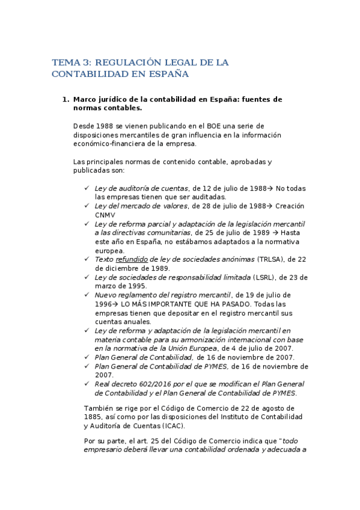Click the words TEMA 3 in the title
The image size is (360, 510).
coord(69,62)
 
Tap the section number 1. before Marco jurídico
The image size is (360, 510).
coord(66,99)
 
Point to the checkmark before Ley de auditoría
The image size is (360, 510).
coord(88,188)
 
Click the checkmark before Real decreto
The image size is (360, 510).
coord(88,384)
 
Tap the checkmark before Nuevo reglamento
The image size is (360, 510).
coord(88,295)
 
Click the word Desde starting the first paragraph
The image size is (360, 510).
coord(84,125)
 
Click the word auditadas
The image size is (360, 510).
coord(207,197)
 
